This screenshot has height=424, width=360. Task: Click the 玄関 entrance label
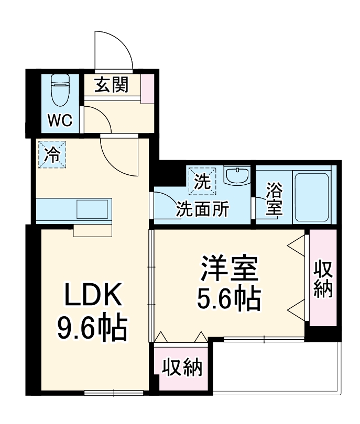tap(111, 84)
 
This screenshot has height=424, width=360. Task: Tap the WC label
tap(60, 120)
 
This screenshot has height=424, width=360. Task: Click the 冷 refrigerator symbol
tap(52, 154)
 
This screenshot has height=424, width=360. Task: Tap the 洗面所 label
tap(202, 209)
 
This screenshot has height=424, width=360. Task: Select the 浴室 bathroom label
tap(274, 198)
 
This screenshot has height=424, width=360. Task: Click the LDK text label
tap(93, 296)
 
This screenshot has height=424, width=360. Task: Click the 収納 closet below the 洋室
tap(182, 368)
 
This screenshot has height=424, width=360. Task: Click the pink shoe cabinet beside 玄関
tap(148, 88)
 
